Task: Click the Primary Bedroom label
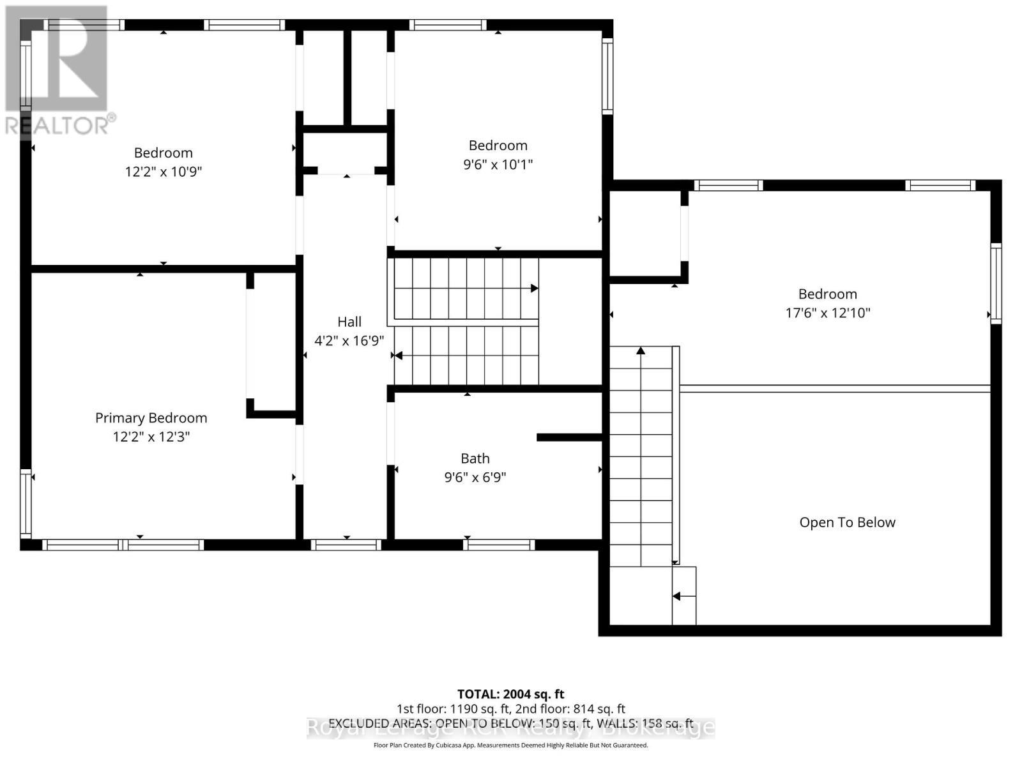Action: (151, 417)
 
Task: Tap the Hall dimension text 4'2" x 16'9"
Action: (349, 340)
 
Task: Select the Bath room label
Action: (475, 458)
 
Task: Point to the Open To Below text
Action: (847, 522)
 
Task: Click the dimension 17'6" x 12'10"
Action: (827, 313)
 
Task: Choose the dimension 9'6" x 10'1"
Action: (498, 164)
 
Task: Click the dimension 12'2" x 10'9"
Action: (164, 172)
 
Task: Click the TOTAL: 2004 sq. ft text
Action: (510, 694)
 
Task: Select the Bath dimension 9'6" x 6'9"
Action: (475, 477)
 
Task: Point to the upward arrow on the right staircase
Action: (641, 350)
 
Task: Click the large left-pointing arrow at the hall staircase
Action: (398, 356)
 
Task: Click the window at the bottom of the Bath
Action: (499, 544)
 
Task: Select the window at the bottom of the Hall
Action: (346, 544)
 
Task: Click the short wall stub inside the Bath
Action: (568, 437)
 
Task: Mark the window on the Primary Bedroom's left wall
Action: (26, 504)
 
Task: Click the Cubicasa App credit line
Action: (510, 745)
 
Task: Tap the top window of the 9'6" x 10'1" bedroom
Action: (448, 26)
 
